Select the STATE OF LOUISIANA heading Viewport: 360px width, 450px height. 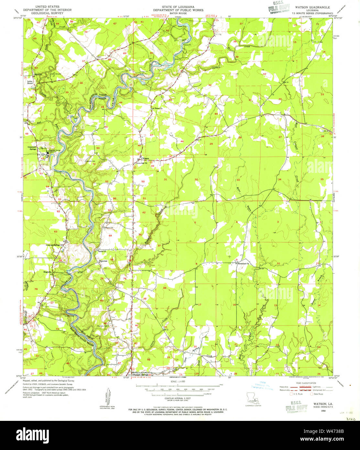click(178, 6)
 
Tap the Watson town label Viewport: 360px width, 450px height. click(146, 158)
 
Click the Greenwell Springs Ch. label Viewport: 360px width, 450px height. click(54, 245)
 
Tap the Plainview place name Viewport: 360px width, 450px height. click(103, 261)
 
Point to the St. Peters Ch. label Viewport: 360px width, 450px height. click(159, 108)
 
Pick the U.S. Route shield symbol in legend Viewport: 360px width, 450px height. click(292, 394)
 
